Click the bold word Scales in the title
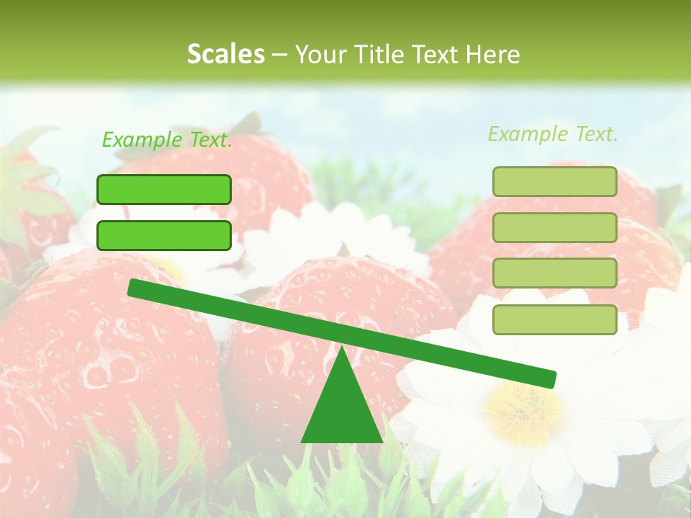tap(225, 54)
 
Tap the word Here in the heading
tap(492, 54)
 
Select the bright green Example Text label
tap(167, 140)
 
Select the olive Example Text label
tap(553, 134)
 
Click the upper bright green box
tap(164, 189)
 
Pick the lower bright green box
tap(164, 235)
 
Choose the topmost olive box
tap(554, 181)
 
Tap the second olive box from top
tap(554, 227)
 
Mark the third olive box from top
tap(554, 273)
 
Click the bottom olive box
tap(554, 319)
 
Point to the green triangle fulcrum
tap(342, 410)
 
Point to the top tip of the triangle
tap(342, 348)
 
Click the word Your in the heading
tap(320, 54)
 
